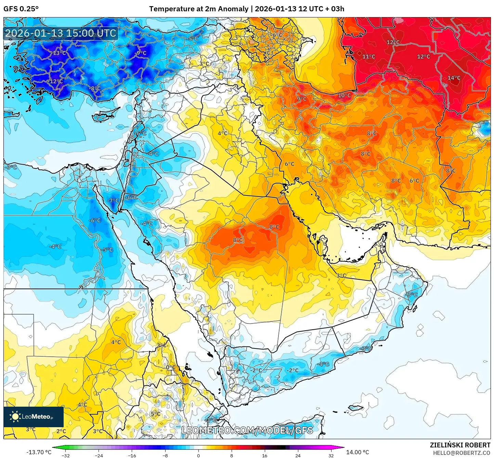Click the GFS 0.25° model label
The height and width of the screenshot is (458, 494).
coord(21,9)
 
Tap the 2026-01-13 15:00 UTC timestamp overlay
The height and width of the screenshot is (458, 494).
coord(61,33)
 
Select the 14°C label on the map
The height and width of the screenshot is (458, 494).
coord(454,78)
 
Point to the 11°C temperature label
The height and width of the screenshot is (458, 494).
coord(368,57)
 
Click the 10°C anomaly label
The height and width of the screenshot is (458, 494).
coord(344,96)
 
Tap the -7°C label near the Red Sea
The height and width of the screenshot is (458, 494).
coord(113,201)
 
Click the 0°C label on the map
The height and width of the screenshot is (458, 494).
coord(170,367)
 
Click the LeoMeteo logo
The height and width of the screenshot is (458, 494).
coord(33,417)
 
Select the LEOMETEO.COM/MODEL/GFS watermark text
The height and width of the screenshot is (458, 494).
coord(247,430)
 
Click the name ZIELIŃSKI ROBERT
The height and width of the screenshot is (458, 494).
coord(460,445)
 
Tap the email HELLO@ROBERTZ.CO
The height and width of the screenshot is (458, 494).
coord(461,453)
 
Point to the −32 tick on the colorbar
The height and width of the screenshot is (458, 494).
coord(65,455)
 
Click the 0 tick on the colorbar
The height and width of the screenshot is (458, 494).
coord(198,455)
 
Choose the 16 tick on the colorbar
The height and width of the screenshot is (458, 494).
coord(264,455)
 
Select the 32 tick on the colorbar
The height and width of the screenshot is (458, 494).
coord(331,455)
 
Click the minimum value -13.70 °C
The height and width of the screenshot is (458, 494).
coord(39,452)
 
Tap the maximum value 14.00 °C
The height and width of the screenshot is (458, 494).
coord(357,452)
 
